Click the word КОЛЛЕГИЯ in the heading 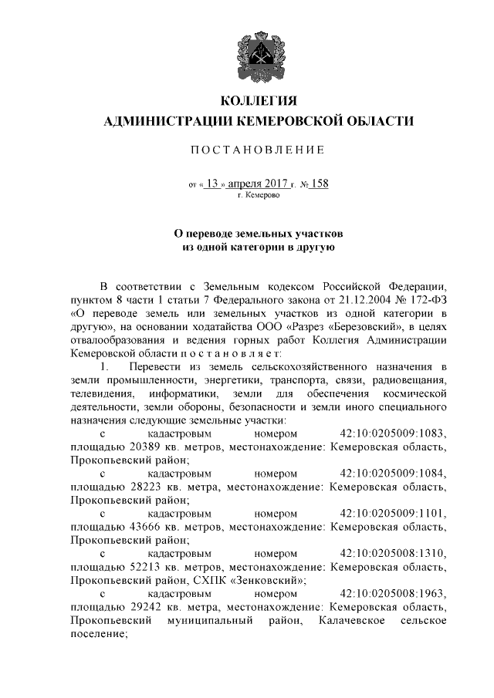point(259,101)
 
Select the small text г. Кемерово point(259,196)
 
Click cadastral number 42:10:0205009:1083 point(394,433)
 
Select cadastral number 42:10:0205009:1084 point(394,474)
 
